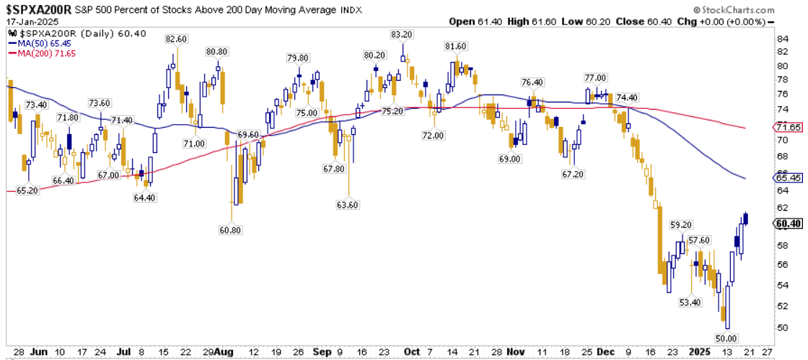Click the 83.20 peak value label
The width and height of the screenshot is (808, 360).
tap(402, 35)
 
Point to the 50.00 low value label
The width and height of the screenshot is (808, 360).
tap(725, 338)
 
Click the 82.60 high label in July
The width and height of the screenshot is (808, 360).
tap(176, 39)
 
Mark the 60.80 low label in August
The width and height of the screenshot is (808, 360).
tap(231, 230)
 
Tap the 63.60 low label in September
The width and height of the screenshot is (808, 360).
tap(348, 204)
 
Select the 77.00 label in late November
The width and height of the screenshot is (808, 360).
tap(595, 78)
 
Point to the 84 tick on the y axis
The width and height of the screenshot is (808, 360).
tap(782, 38)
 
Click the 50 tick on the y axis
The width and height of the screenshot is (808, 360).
tap(782, 327)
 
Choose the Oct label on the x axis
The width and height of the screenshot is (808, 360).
tap(412, 351)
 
